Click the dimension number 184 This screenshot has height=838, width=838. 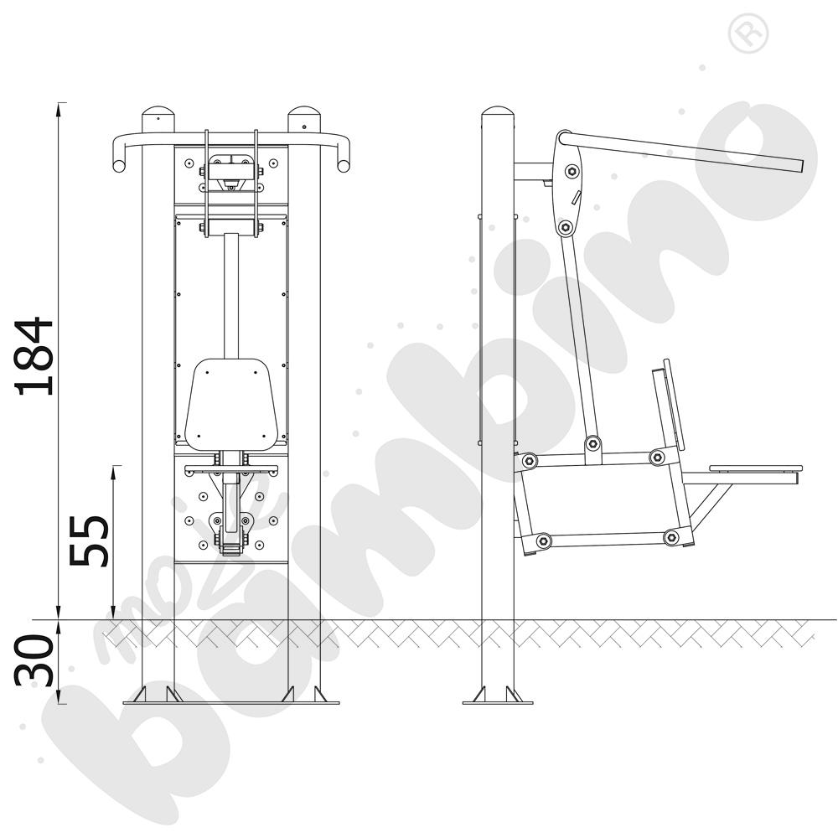[x=35, y=356]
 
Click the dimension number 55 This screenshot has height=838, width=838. [x=90, y=541]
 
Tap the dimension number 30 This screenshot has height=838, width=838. [x=34, y=661]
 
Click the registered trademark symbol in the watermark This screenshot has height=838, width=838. [x=747, y=34]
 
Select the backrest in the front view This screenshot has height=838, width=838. [x=231, y=404]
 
